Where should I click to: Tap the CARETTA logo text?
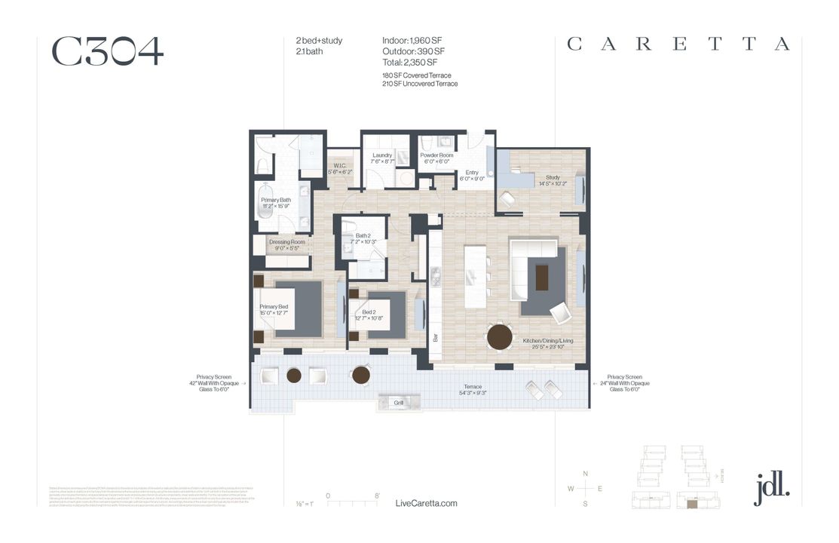point(678,44)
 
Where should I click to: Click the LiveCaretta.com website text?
point(426,503)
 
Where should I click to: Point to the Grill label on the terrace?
point(399,403)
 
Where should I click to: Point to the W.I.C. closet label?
point(339,168)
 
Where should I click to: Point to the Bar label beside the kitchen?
point(436,339)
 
